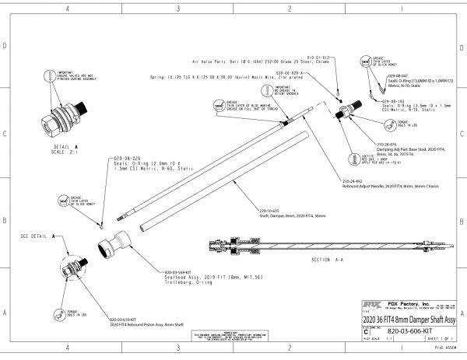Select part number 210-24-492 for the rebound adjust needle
pyautogui.click(x=351, y=180)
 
